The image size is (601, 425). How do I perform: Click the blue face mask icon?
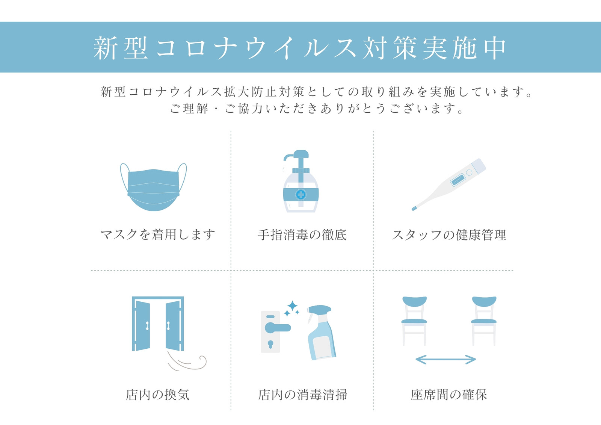154,188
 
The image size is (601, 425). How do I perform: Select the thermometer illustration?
449,185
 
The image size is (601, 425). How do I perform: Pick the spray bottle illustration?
321,333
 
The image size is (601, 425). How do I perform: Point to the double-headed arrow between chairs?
445,359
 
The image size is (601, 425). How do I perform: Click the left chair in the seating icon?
414,321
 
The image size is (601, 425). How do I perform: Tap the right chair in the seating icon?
484,321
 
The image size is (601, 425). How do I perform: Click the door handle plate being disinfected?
270,332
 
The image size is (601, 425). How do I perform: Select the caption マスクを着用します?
157,234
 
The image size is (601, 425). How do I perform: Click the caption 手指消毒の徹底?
302,234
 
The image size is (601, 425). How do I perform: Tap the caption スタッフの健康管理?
449,235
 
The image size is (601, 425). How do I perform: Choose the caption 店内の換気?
158,395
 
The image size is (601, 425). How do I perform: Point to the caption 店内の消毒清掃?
302,395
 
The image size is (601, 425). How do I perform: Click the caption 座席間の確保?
448,395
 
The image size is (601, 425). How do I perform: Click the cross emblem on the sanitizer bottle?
301,195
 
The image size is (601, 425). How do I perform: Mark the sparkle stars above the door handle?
291,308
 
